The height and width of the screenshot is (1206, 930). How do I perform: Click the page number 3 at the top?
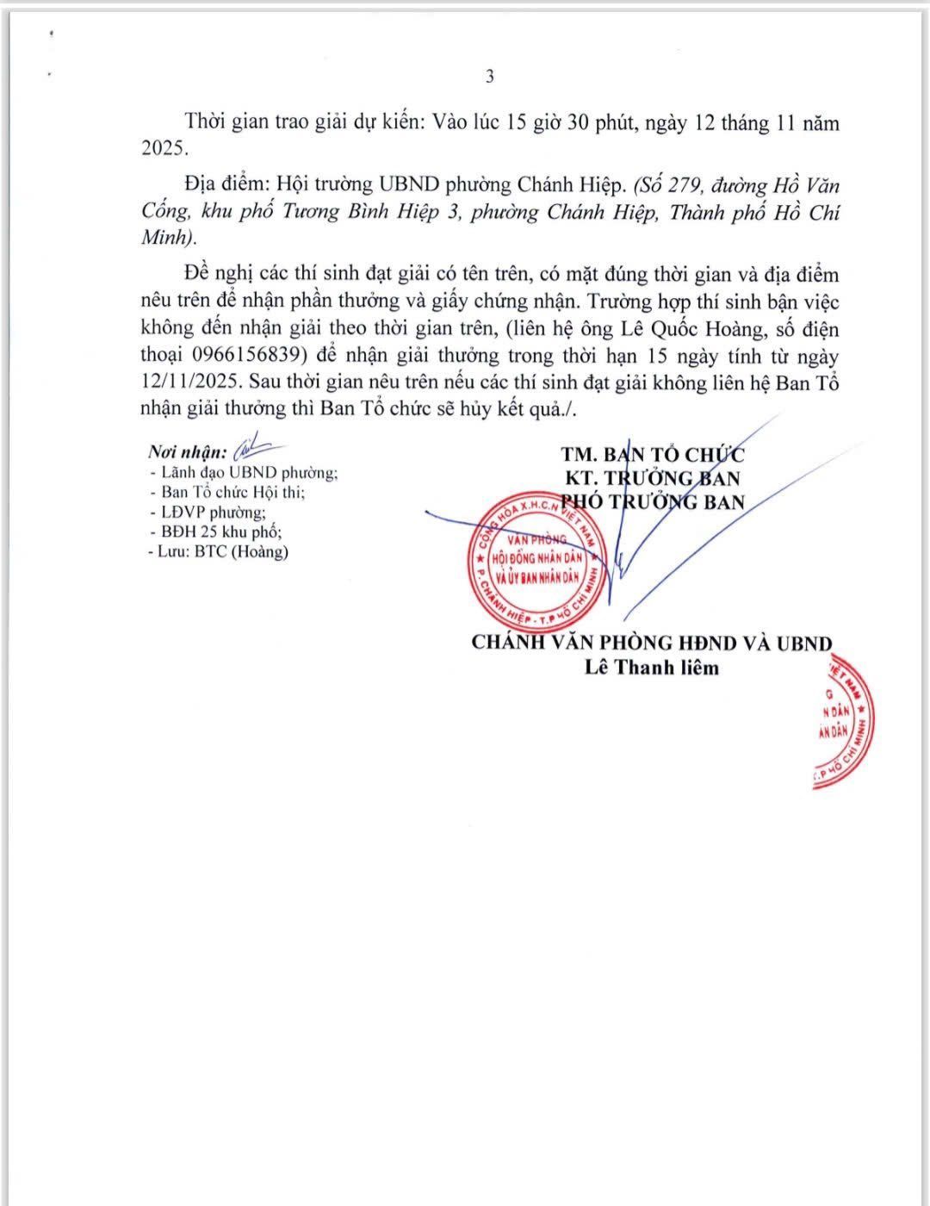click(490, 77)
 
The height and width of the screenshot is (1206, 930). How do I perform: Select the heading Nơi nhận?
click(187, 452)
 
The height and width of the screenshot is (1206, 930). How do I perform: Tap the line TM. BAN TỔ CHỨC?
click(653, 455)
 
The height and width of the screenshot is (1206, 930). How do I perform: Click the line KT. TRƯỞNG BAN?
click(653, 478)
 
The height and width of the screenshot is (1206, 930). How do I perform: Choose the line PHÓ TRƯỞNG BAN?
click(653, 501)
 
